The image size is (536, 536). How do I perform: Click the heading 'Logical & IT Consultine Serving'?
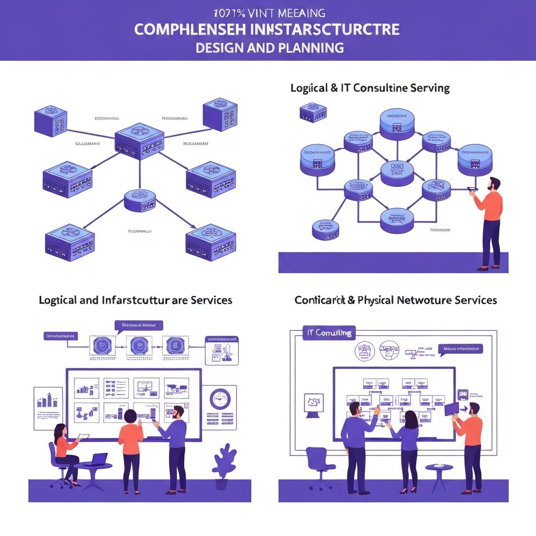pyautogui.click(x=370, y=88)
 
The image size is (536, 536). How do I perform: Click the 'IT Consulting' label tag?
pyautogui.click(x=328, y=332)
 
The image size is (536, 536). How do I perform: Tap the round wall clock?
pyautogui.click(x=220, y=399)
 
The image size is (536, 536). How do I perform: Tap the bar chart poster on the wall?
pyautogui.click(x=48, y=403)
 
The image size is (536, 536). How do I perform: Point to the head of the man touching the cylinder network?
pyautogui.click(x=494, y=185)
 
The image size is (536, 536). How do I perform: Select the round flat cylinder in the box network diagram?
pyautogui.click(x=140, y=200)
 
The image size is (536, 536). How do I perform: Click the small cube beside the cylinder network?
pyautogui.click(x=313, y=111)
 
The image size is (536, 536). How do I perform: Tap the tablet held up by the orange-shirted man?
pyautogui.click(x=451, y=408)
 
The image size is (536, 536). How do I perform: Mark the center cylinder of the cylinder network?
pyautogui.click(x=397, y=172)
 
